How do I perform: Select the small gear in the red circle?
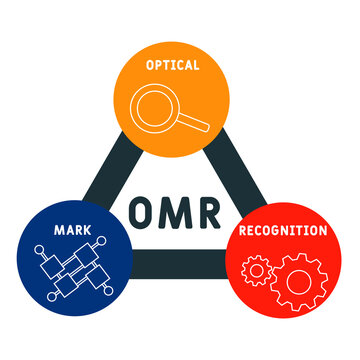click(x=257, y=271)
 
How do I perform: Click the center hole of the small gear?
click(x=257, y=271)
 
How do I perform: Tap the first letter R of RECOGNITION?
click(x=242, y=230)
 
